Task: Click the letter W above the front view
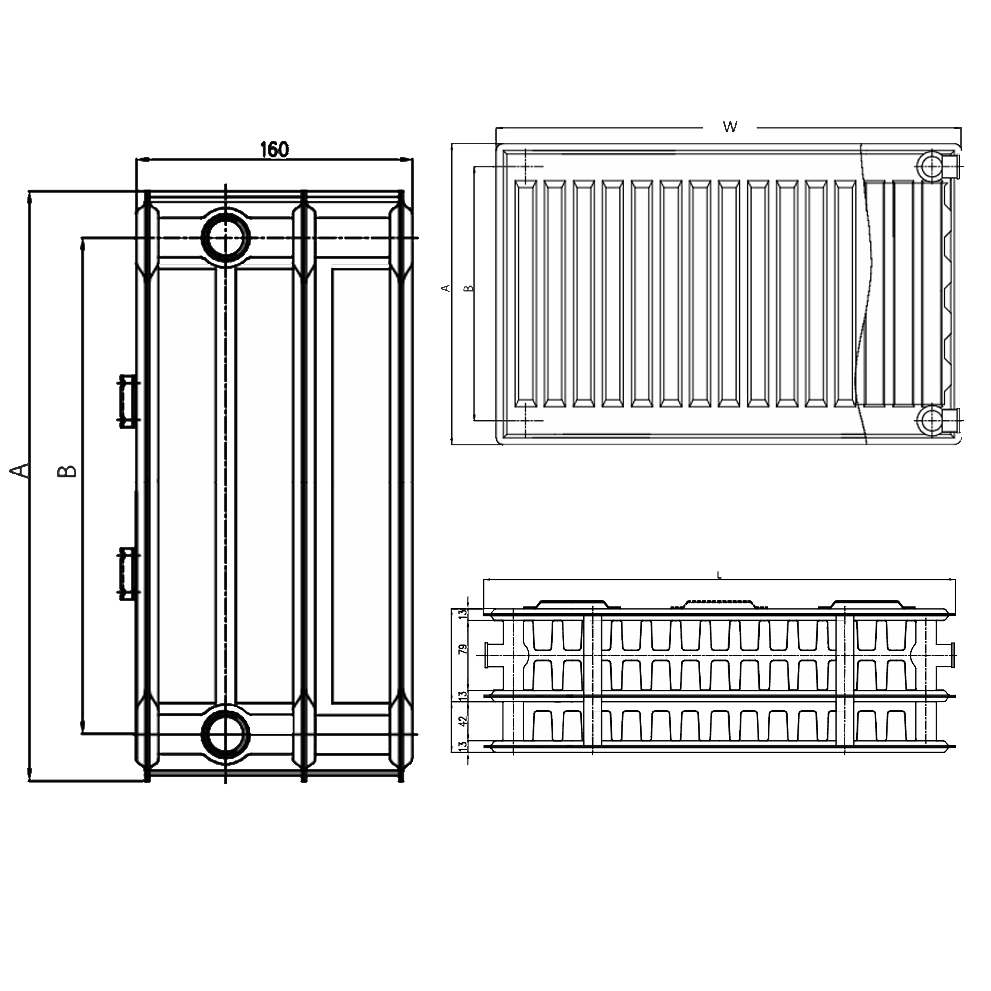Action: click(729, 127)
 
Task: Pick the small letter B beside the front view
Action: click(468, 288)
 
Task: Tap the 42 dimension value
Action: click(463, 720)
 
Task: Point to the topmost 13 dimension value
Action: click(463, 613)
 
